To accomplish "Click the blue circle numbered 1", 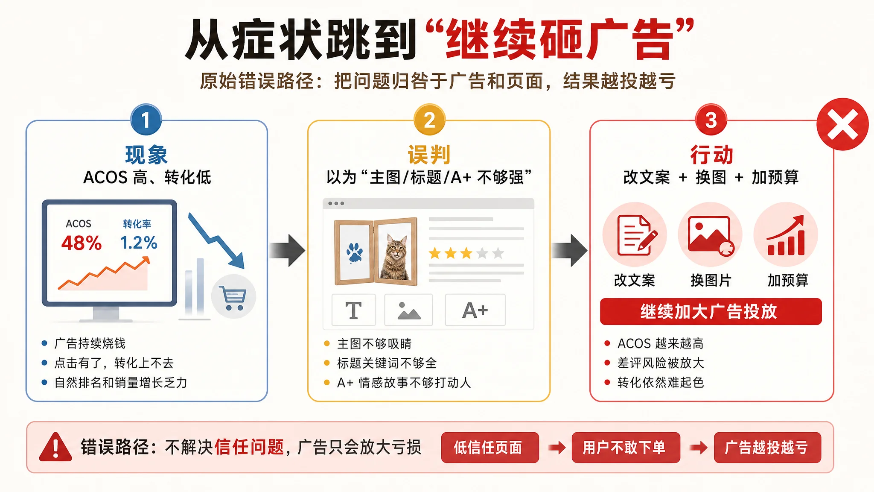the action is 146,120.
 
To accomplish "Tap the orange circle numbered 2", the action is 429,120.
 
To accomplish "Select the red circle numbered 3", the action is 711,120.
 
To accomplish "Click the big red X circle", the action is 842,124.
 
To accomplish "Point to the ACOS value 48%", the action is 82,243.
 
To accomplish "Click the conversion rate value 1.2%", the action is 139,243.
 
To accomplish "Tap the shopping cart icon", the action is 233,296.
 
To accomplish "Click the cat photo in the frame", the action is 396,251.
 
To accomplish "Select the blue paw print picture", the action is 354,252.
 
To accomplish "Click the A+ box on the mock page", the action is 475,310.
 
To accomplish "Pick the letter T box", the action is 354,310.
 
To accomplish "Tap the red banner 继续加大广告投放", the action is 711,311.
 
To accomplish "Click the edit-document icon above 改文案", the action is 635,235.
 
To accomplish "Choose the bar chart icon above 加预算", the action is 786,235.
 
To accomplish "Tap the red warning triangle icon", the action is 55,448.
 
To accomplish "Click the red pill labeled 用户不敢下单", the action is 626,448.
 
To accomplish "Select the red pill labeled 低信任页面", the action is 490,448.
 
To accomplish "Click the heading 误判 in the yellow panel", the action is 429,155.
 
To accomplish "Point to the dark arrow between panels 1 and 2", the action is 287,250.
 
